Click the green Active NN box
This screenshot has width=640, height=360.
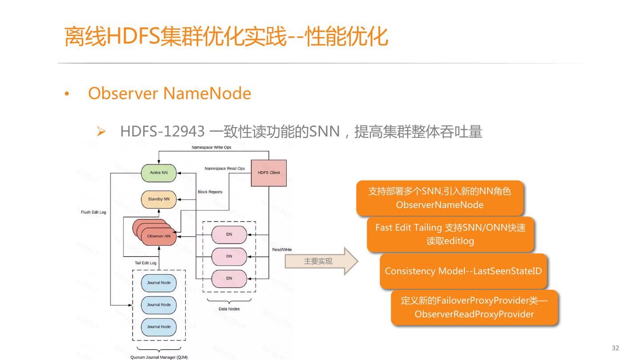click(158, 172)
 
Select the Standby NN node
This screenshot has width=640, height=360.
click(158, 199)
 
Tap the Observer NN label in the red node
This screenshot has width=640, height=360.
click(159, 236)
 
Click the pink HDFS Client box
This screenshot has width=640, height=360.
click(269, 172)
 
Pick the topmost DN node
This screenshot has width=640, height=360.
click(229, 234)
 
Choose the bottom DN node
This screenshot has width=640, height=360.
click(229, 278)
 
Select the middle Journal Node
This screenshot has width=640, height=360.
click(159, 304)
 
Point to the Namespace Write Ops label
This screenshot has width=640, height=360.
click(211, 147)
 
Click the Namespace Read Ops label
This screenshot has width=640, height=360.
click(224, 168)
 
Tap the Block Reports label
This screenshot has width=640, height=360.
click(210, 192)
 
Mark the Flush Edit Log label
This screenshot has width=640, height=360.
click(93, 212)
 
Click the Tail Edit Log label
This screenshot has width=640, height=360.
click(145, 263)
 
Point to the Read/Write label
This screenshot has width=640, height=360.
click(282, 249)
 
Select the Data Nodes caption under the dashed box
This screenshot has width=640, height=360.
click(229, 309)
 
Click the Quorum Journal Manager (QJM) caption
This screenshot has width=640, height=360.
click(159, 356)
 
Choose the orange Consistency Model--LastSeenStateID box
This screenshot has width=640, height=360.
click(463, 271)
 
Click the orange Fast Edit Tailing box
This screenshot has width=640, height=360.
click(450, 234)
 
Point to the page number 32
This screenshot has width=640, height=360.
click(615, 348)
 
